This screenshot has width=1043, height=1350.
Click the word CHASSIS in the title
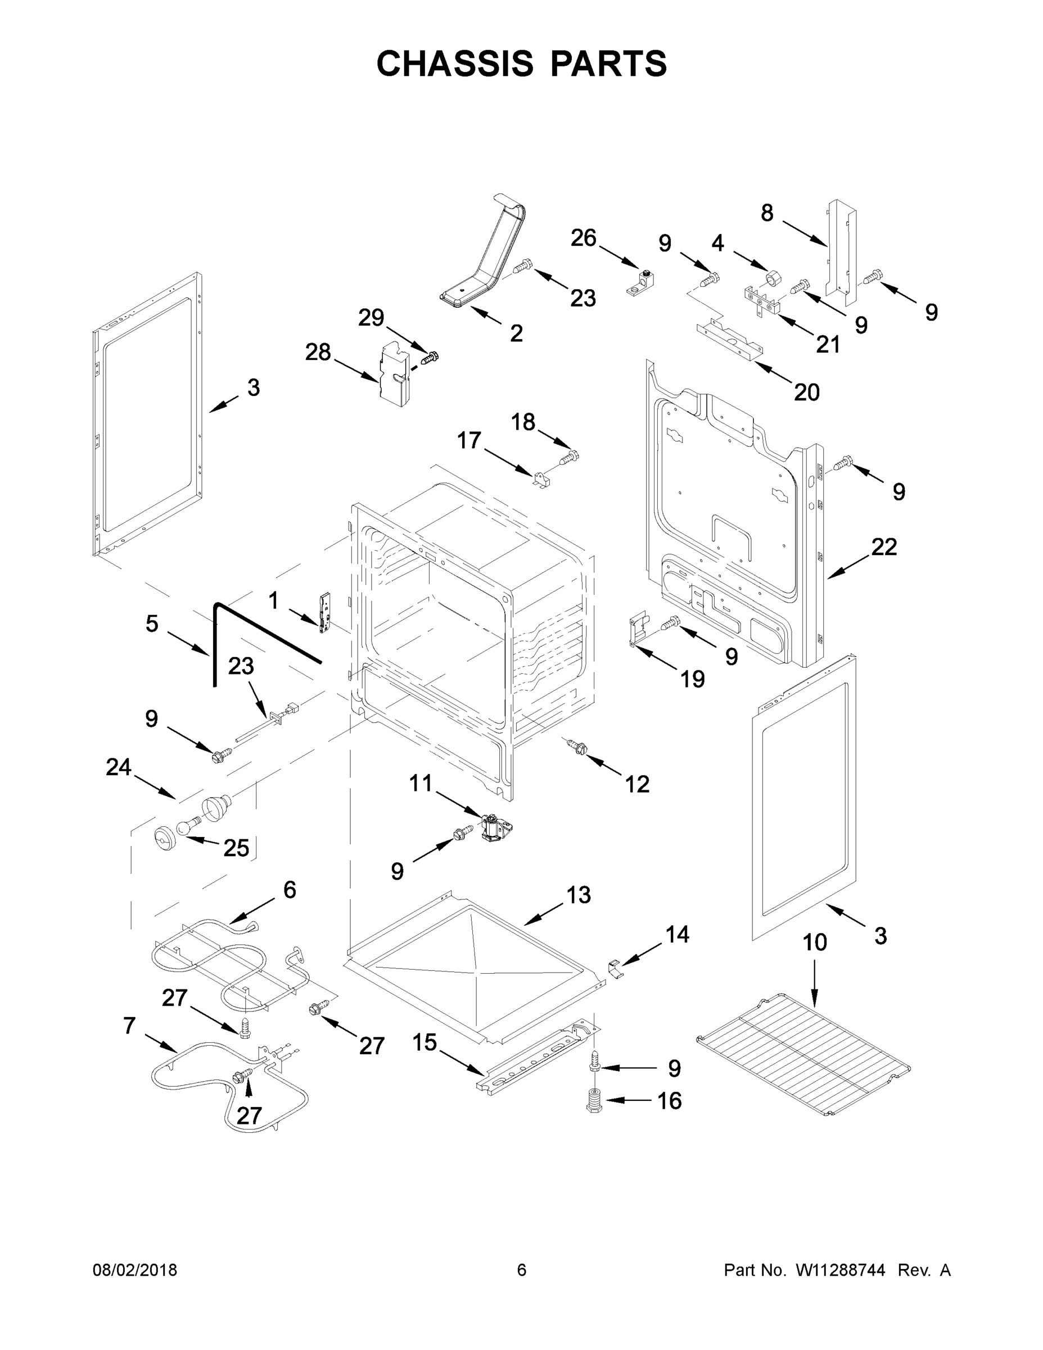pyautogui.click(x=455, y=64)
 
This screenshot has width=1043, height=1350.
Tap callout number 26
pyautogui.click(x=583, y=237)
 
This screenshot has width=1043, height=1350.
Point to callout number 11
pyautogui.click(x=421, y=784)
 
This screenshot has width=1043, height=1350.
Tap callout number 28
pyautogui.click(x=318, y=352)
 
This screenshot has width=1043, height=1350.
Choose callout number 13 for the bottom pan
pyautogui.click(x=579, y=894)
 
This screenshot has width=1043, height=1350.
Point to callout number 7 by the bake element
pyautogui.click(x=129, y=1025)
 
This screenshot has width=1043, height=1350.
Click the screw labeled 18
pyautogui.click(x=570, y=457)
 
